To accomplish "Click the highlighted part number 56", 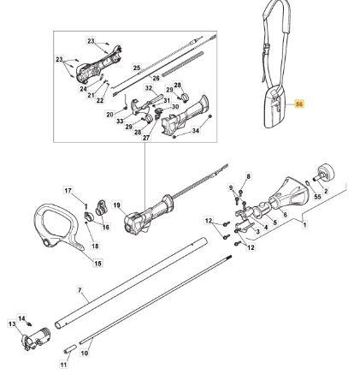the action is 299,104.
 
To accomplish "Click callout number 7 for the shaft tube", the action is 80,290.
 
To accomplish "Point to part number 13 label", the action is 12,324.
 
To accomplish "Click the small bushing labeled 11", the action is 70,348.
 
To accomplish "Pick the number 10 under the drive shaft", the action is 85,353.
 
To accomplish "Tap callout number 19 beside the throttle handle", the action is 117,205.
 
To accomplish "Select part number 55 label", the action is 317,197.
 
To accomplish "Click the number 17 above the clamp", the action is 68,190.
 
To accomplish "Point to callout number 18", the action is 95,246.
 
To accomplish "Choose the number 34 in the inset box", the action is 195,131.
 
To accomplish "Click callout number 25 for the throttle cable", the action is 137,68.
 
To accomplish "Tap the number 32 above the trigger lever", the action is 149,88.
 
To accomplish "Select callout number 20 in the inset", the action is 110,115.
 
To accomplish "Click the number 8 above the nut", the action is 248,176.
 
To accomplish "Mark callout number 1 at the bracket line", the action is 304,225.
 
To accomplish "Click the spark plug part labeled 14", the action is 28,324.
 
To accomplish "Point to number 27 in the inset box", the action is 146,138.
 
